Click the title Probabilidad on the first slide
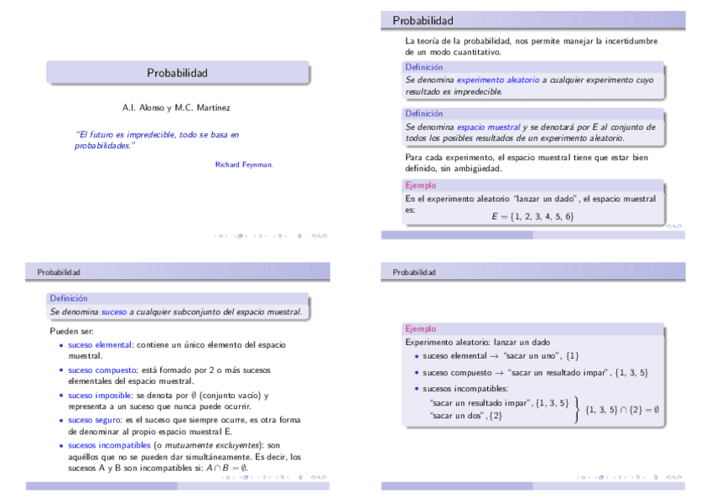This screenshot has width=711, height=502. point(177,73)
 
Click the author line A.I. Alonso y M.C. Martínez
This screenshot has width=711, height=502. point(176,108)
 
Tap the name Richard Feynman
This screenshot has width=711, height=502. point(244,164)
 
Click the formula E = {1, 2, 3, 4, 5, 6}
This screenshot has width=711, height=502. point(532,217)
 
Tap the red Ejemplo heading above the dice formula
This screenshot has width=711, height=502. point(420,185)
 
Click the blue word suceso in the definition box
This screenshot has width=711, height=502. point(113,311)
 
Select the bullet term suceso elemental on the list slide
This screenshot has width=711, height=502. point(94,344)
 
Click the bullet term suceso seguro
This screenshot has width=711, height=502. point(93,420)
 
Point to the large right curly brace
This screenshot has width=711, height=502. point(578,410)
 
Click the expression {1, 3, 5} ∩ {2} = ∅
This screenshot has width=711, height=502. point(622,410)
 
